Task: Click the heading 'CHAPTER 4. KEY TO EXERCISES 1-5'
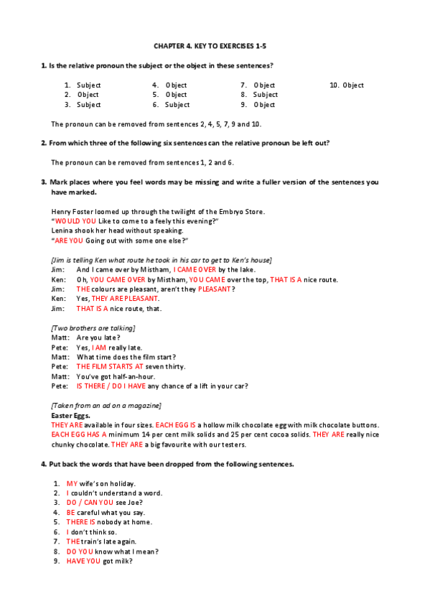coord(215,46)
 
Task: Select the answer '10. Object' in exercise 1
coord(347,85)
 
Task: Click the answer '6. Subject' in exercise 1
coord(171,105)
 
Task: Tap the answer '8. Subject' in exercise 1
coord(259,95)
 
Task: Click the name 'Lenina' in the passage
coord(62,231)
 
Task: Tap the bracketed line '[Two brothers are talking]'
coord(93,328)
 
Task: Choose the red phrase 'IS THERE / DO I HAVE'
coord(111,386)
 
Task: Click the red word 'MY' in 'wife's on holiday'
coord(72,484)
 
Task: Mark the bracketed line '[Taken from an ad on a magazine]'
coord(106,406)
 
